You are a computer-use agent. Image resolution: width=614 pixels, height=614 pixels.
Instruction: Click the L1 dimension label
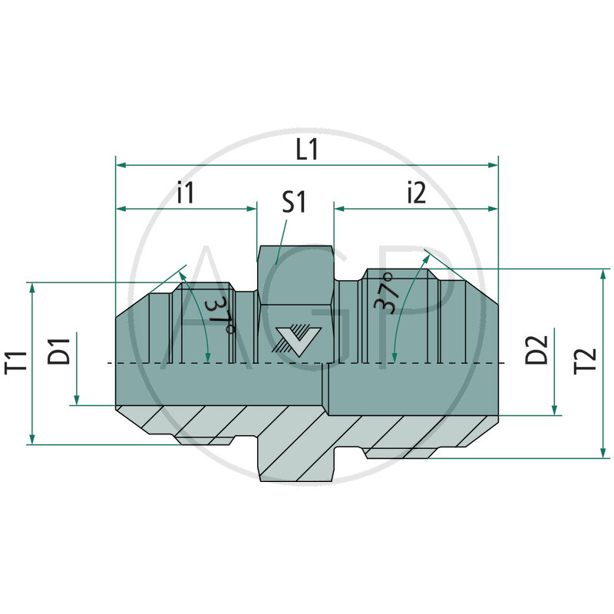(x=307, y=149)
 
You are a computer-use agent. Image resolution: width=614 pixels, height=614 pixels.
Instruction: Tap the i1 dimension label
(x=185, y=193)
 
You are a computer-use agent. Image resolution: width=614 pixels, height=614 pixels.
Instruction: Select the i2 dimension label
(x=416, y=193)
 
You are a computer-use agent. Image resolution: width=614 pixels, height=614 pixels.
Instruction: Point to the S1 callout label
(x=294, y=202)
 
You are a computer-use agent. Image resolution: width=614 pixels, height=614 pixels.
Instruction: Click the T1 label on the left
(x=16, y=362)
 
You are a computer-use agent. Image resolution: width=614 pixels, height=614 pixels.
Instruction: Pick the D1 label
(x=59, y=352)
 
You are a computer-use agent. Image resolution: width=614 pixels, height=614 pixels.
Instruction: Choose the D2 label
(x=536, y=350)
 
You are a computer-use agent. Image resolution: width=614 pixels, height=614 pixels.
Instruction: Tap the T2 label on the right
(x=585, y=361)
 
